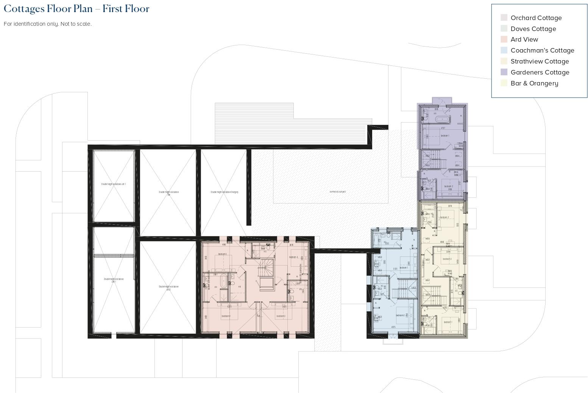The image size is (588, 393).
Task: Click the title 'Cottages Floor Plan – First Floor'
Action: click(76, 9)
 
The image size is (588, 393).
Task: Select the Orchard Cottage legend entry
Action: click(536, 18)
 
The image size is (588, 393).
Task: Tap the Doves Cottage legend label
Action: click(533, 29)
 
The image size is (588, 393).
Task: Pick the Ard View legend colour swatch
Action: click(504, 39)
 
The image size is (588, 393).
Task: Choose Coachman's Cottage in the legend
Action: click(542, 50)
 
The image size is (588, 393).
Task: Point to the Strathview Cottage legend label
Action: click(540, 61)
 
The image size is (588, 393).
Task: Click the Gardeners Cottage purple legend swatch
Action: click(504, 72)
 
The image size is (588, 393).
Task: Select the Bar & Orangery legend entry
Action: click(534, 83)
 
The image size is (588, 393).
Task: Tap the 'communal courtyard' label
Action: click(337, 192)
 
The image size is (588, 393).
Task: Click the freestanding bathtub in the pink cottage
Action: click(224, 282)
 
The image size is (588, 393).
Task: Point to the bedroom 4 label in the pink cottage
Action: click(293, 257)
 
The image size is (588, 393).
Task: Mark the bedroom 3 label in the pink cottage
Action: click(281, 316)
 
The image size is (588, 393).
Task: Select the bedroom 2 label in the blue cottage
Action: click(400, 315)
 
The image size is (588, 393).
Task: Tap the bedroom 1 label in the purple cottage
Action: click(445, 135)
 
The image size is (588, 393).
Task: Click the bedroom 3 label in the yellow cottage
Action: click(447, 259)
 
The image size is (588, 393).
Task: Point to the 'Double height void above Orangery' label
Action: click(225, 192)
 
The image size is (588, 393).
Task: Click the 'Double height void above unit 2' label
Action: click(168, 288)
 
